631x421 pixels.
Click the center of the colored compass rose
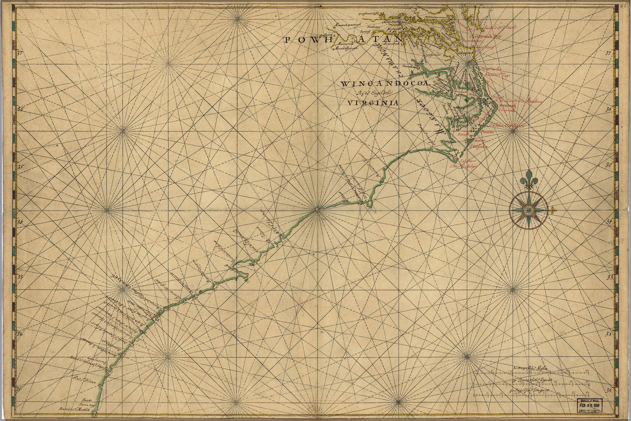528,209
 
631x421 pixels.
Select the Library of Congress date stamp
591,406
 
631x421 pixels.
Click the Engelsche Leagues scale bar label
535,391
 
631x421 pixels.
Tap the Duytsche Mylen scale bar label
530,368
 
